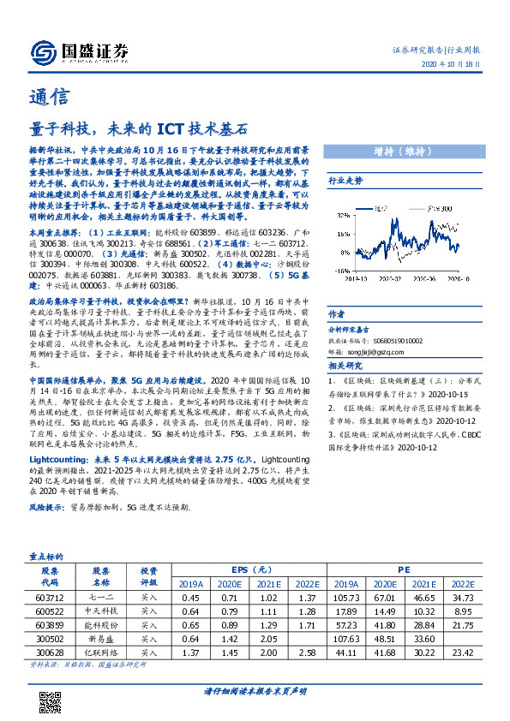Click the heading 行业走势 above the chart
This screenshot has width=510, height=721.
coord(346,182)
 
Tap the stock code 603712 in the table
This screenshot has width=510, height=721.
coord(49,596)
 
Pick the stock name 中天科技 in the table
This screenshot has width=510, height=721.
coord(101,611)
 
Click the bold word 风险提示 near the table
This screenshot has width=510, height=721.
coord(46,507)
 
